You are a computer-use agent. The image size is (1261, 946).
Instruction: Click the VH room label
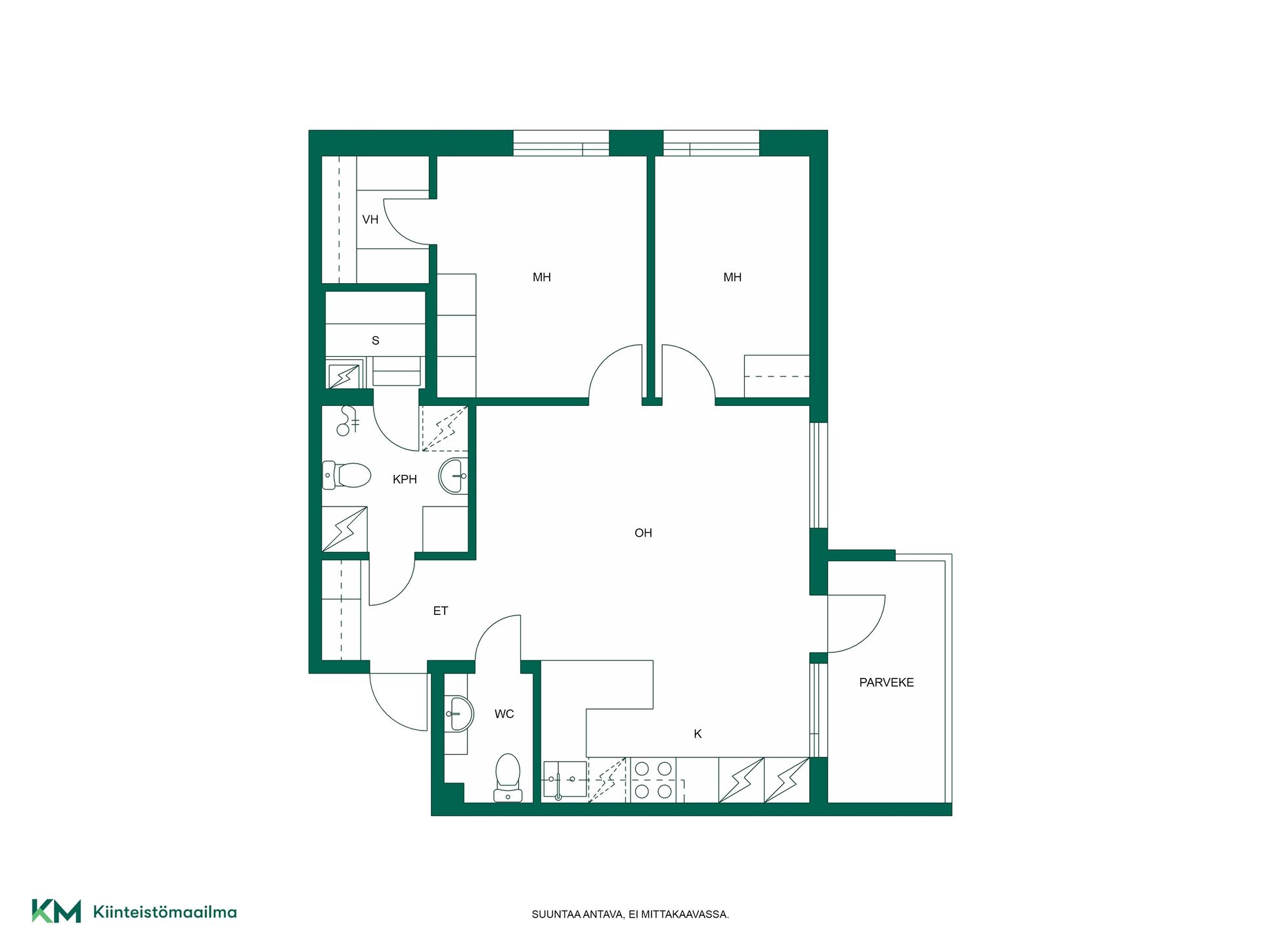(370, 219)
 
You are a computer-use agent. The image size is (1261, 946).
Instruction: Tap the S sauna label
(376, 340)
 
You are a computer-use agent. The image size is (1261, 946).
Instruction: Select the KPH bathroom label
(405, 480)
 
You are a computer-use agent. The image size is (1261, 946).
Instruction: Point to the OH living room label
(643, 533)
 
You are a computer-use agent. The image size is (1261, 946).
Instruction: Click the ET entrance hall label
(441, 611)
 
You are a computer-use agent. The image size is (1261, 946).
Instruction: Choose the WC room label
(504, 714)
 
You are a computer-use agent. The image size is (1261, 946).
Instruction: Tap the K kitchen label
(697, 734)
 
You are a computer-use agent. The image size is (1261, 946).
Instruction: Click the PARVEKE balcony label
(887, 683)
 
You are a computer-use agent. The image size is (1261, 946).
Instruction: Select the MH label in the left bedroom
(542, 277)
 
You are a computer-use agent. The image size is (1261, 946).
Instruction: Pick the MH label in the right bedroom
(732, 277)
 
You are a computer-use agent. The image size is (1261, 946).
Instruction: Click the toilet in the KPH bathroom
(347, 475)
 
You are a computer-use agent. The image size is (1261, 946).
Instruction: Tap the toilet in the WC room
(508, 778)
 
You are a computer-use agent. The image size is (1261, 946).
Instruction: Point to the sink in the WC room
(459, 713)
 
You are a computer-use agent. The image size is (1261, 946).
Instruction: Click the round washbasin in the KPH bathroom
(453, 476)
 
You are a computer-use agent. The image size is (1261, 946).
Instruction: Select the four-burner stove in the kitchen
(653, 780)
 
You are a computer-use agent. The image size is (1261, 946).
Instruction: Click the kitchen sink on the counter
(565, 780)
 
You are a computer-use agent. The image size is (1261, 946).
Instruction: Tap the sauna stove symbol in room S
(344, 376)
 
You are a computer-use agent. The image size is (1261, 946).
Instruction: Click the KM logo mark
(56, 911)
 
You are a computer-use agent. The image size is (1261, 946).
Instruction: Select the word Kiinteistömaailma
(165, 912)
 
